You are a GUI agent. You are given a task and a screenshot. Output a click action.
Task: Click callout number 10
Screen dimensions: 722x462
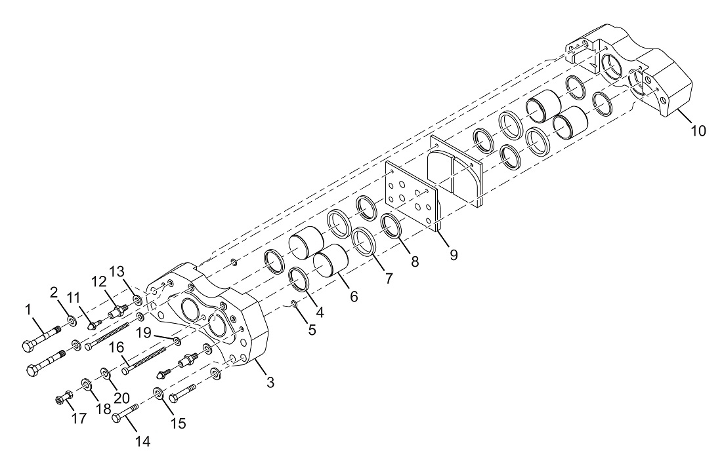(698, 131)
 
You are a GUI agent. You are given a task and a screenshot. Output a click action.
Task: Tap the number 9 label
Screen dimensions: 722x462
(454, 255)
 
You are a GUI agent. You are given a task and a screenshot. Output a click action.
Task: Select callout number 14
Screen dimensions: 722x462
(142, 442)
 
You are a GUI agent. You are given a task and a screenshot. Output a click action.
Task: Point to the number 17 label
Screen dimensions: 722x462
(79, 418)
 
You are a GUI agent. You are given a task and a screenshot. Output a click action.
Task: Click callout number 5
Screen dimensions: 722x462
(312, 330)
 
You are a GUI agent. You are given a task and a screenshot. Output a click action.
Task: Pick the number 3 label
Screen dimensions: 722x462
(270, 382)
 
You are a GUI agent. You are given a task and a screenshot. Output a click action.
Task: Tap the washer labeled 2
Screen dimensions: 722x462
(72, 320)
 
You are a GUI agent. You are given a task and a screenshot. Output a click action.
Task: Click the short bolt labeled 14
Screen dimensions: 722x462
(125, 412)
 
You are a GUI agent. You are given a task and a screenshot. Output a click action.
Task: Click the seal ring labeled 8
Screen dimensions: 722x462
(393, 226)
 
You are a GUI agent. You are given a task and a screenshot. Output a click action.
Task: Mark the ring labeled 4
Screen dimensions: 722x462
(299, 280)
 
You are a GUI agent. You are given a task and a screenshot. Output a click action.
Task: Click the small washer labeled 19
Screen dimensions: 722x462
(177, 341)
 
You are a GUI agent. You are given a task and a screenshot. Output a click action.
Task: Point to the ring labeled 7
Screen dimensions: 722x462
(364, 241)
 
